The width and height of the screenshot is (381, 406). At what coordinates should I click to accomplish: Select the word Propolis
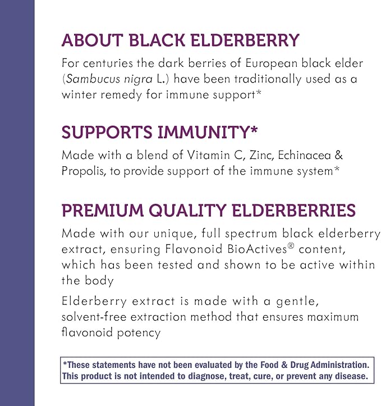click(x=83, y=171)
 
